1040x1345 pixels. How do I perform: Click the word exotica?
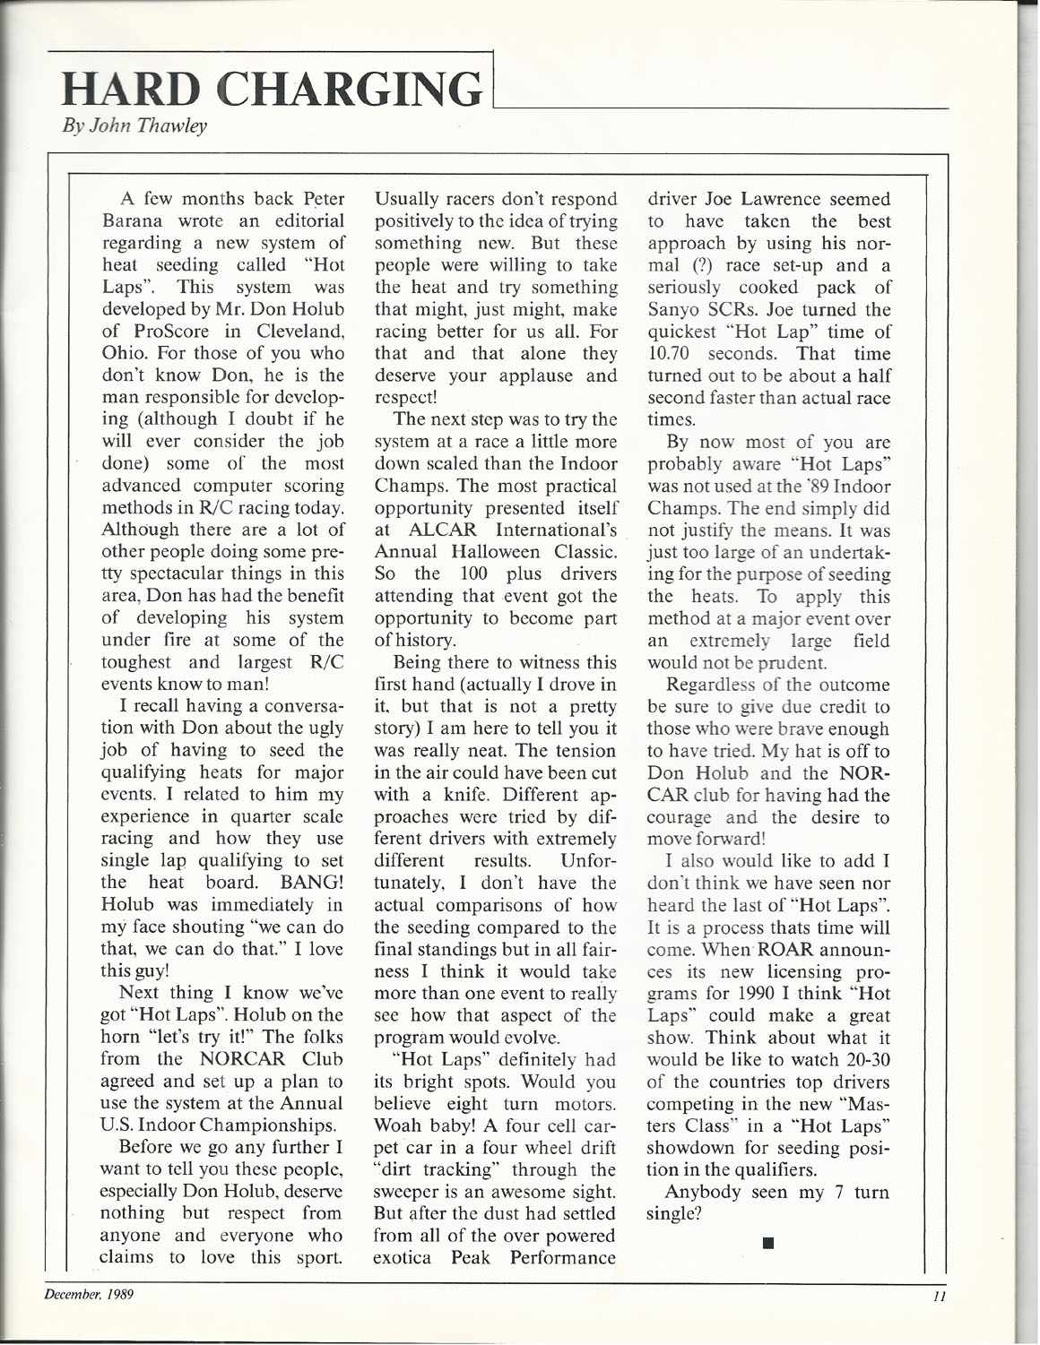click(x=403, y=1257)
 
